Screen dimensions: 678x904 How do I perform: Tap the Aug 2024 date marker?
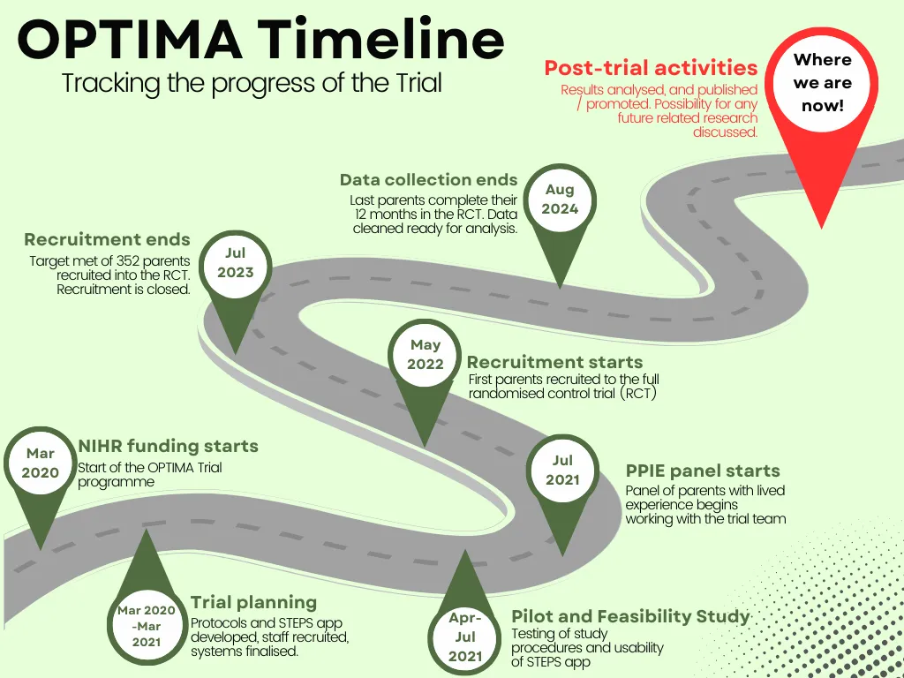[559, 200]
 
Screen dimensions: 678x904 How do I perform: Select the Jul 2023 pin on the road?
[235, 263]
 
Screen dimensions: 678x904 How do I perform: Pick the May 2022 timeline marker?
[425, 355]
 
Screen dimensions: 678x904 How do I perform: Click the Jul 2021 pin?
[562, 470]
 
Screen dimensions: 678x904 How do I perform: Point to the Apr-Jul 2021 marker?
[464, 637]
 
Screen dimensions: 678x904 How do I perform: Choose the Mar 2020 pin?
[40, 463]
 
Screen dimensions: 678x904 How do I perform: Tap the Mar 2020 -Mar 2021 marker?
[147, 626]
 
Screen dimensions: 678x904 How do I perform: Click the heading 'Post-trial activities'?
[651, 68]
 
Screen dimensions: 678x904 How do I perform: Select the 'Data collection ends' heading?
[428, 180]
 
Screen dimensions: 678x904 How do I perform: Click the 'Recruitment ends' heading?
[107, 239]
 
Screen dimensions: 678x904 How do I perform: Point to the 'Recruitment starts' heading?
[554, 362]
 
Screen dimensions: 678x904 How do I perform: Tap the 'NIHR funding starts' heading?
[168, 446]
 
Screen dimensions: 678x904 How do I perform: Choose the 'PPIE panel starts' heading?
[703, 471]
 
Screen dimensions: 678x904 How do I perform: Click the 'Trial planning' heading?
[253, 603]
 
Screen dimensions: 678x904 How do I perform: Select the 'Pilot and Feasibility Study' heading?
[630, 616]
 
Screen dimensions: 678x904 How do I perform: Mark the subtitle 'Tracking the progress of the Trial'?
[252, 83]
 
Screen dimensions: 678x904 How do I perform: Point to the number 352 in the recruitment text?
[130, 261]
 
